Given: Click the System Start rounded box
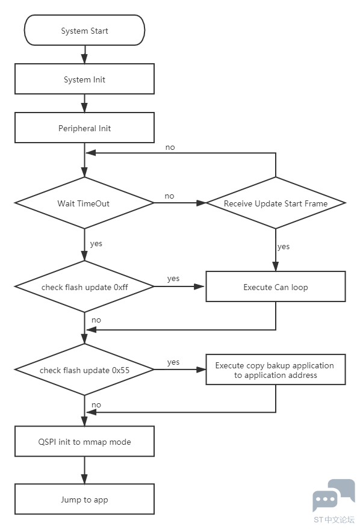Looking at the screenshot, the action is [x=84, y=30].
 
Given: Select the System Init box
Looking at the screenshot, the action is [x=84, y=79].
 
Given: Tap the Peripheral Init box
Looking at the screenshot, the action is [x=84, y=128].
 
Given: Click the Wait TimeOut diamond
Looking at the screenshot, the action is [x=84, y=203].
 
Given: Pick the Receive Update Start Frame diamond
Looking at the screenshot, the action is [x=276, y=203].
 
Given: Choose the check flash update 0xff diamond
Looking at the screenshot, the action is [x=84, y=286].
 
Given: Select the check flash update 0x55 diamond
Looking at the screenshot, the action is [x=84, y=370].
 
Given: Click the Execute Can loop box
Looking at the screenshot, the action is [x=276, y=286].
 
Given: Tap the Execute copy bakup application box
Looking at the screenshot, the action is [x=276, y=370].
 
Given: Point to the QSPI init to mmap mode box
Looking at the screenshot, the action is [x=84, y=441].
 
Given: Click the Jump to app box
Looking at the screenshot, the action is [x=84, y=500].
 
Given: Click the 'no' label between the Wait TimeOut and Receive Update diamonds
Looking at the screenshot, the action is [x=169, y=196].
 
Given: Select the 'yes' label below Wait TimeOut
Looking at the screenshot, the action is [x=96, y=244].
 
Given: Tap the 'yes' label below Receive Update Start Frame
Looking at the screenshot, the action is [x=284, y=247].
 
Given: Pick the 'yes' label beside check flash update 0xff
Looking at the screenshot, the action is [x=173, y=279].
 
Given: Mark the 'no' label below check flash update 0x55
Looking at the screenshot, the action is [x=96, y=404].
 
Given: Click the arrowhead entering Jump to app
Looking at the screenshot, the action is [x=84, y=479].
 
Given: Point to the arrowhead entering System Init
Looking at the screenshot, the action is [x=84, y=59].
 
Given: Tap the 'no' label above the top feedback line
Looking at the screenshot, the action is [x=170, y=147].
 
